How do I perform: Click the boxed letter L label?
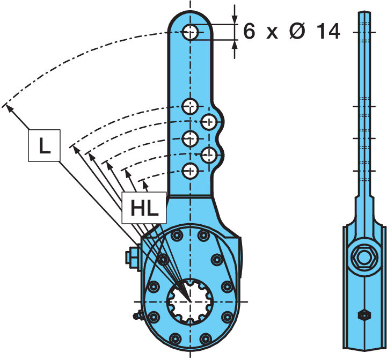click(44, 145)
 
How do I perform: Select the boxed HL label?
click(144, 208)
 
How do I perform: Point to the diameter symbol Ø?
click(297, 31)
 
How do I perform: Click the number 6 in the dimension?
click(249, 31)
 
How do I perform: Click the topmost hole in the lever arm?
click(190, 32)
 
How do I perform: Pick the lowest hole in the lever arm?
click(190, 171)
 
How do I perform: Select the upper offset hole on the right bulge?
click(209, 122)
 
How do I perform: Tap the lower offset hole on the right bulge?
click(209, 155)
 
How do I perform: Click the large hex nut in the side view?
click(364, 259)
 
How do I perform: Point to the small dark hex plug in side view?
click(364, 315)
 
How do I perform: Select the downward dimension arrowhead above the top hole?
click(235, 20)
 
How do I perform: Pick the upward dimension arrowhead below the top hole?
click(235, 45)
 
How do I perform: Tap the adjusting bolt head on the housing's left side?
click(132, 258)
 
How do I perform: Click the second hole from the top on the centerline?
click(190, 106)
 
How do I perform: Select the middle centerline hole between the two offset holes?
click(190, 138)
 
